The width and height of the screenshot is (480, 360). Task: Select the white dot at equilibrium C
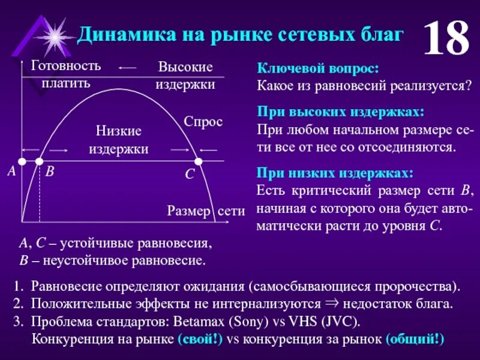pos(199,161)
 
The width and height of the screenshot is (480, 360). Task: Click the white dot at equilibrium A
pos(22,161)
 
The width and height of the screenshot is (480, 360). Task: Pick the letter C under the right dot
pos(190,175)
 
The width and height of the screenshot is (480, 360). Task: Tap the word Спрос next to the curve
pos(203,122)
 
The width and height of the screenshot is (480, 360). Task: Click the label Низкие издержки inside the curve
pos(119,140)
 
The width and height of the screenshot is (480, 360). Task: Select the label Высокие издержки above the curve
pos(185,76)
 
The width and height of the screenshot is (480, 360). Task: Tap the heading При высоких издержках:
pos(340,113)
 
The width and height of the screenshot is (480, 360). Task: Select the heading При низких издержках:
pos(335,173)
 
